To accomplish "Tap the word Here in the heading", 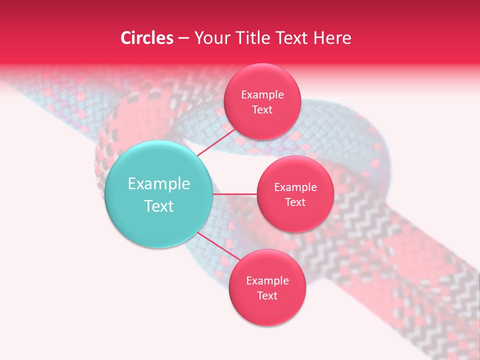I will coord(332,38).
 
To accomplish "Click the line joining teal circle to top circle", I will coord(216,142).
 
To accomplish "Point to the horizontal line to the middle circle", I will coord(234,193).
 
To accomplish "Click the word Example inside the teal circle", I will coord(159,184).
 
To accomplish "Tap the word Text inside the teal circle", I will coord(159,206).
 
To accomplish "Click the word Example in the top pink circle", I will coord(262,94).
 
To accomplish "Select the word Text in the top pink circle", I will coord(262,109).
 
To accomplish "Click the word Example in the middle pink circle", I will coord(295,187).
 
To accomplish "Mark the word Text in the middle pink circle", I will coord(295,202).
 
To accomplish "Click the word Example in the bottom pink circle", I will coord(267,280).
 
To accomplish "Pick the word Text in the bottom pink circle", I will coord(267,295).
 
